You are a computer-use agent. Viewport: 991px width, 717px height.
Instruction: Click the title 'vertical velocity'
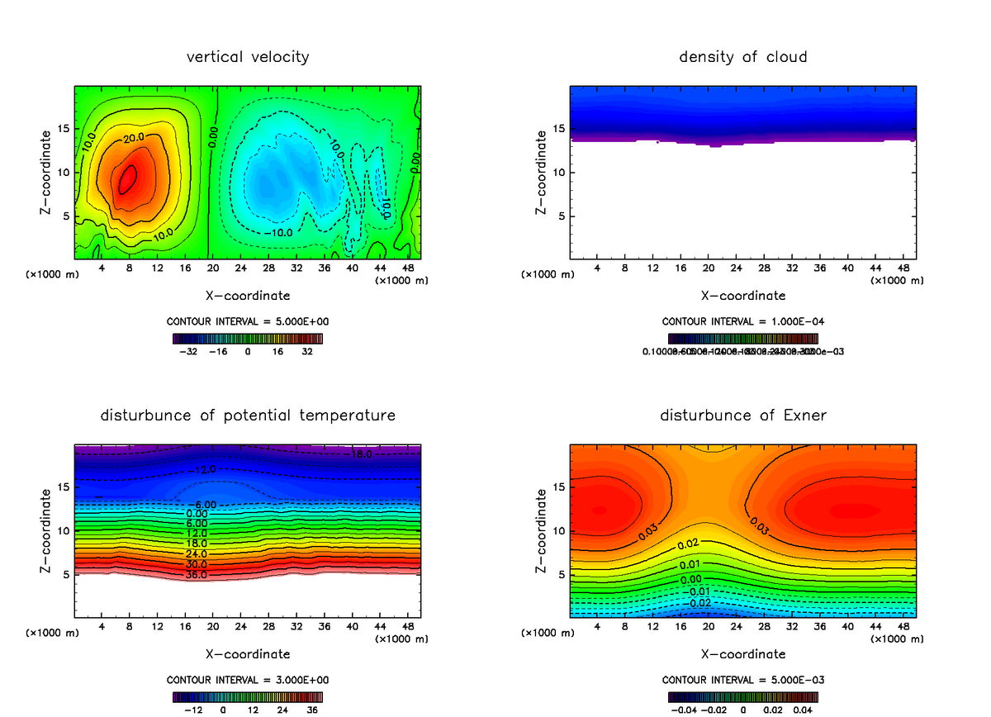tap(248, 57)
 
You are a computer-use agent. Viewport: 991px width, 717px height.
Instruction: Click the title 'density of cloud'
tap(742, 57)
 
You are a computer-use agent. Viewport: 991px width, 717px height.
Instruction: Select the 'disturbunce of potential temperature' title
tap(248, 415)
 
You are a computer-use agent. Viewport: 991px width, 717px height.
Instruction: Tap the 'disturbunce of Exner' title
tap(742, 415)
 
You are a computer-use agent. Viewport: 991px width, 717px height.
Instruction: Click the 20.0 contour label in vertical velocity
tap(135, 137)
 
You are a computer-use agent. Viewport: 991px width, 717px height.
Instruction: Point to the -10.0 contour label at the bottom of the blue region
tap(279, 233)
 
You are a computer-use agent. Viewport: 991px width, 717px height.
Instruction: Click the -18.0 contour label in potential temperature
tap(362, 454)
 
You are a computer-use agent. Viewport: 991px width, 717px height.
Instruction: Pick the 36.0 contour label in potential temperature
tap(197, 575)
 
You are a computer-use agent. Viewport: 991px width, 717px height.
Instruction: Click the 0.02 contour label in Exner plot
tap(688, 544)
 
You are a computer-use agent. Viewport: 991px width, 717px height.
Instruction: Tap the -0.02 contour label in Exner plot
tap(699, 602)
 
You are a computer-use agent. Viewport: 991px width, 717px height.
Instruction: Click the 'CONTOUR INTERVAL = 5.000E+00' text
tap(248, 321)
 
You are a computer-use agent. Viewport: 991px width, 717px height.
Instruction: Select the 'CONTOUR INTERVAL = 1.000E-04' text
tap(742, 321)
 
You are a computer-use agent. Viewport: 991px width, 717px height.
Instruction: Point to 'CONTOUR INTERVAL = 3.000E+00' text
tap(248, 680)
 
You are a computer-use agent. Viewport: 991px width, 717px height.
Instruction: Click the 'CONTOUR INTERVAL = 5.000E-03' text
tap(742, 680)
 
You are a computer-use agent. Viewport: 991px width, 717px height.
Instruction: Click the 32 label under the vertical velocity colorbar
tap(307, 351)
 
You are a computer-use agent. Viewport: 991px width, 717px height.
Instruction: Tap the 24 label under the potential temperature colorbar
tap(282, 710)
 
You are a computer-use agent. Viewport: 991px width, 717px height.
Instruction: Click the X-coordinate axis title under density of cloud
tap(742, 295)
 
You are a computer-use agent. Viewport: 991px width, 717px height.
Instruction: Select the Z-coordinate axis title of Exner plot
tap(542, 531)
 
